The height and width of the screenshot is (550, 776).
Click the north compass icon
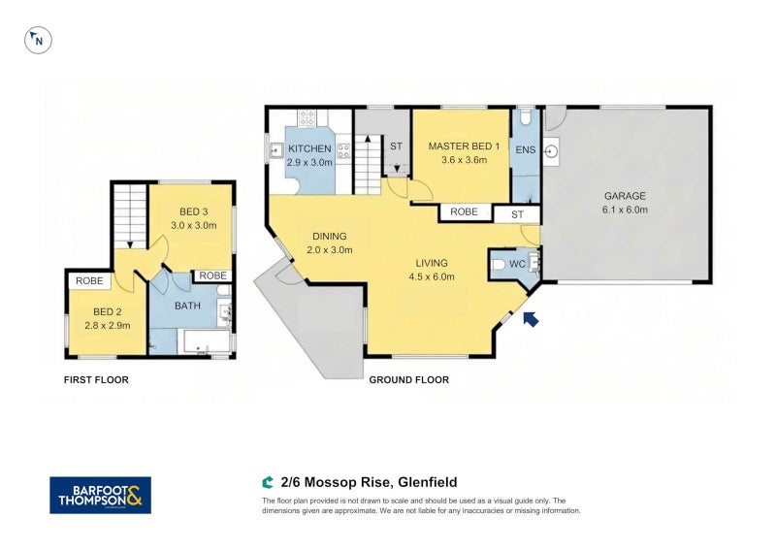[38, 40]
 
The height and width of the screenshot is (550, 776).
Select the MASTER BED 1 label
[464, 146]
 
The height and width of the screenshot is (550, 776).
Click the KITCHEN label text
[309, 149]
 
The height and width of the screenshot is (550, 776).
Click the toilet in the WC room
[500, 264]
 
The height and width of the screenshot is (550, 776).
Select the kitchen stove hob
[308, 118]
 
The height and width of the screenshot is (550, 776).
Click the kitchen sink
[276, 150]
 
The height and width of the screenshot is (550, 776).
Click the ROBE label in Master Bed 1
[465, 212]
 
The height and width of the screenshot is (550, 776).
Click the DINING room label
[329, 237]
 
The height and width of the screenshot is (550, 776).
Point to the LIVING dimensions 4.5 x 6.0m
[432, 276]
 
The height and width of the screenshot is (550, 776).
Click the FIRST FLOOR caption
[96, 380]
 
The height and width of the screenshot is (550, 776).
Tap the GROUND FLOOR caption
[408, 380]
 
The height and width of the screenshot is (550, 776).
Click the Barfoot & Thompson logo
[100, 495]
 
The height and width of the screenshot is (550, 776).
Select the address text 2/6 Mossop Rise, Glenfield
[369, 482]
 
